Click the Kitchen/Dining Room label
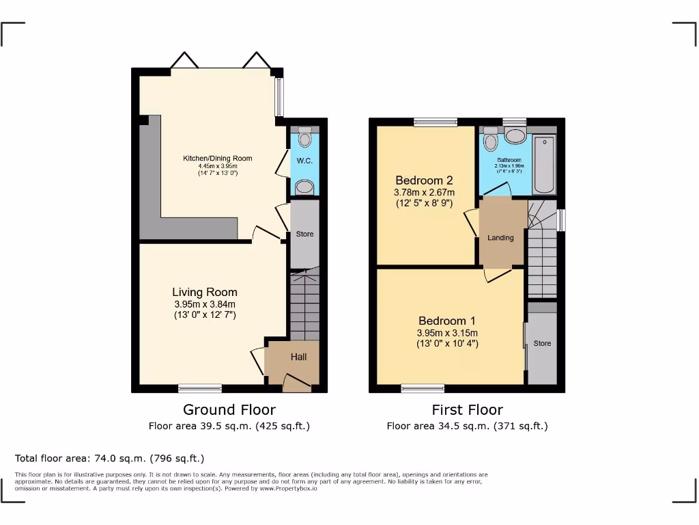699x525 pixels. point(217,159)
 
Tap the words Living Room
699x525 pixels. point(205,293)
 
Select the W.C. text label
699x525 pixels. point(304,161)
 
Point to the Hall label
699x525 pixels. point(299,357)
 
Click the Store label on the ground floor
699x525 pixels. point(304,234)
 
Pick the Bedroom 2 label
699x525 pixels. point(424,180)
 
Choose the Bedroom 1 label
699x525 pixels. point(447,321)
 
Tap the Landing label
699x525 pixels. point(500,238)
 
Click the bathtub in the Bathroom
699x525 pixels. point(544,164)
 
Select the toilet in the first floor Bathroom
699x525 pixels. point(489,141)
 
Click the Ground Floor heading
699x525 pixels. point(229,410)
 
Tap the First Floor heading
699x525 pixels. point(467,410)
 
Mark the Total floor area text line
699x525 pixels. point(109,459)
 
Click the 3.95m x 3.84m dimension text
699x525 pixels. point(205,304)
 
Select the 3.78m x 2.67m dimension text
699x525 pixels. point(424,192)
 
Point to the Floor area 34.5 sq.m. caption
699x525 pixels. point(467,426)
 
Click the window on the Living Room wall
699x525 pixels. point(200,388)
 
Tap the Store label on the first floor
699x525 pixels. point(542,343)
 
